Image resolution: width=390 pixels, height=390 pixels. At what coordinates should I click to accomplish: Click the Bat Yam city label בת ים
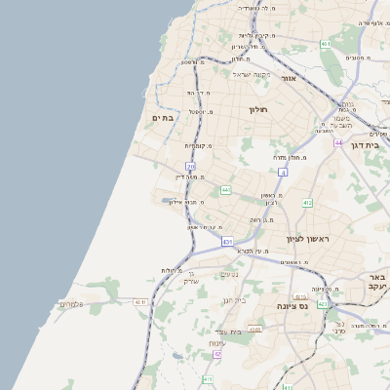pos(163,118)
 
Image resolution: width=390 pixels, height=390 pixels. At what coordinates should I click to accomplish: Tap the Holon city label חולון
pos(258,109)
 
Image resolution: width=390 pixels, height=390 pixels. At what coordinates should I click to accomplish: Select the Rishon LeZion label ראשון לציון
pos(310,239)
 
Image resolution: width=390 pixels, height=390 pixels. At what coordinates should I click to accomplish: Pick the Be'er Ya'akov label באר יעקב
pos(373,283)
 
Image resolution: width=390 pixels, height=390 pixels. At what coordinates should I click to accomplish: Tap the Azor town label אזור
pos(289,77)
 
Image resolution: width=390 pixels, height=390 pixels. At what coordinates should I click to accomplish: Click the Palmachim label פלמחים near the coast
pos(72,305)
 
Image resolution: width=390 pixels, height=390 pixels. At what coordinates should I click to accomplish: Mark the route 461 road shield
pos(325,44)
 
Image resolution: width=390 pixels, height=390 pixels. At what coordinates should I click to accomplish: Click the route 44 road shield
pos(337,142)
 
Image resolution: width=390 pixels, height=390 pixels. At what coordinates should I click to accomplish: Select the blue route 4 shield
pos(284,172)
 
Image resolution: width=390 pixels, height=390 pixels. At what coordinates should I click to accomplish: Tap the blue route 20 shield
pos(191,167)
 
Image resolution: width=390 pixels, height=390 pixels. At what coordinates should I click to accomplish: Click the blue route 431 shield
pos(227,240)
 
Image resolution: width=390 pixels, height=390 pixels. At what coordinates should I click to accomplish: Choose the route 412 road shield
pos(307,202)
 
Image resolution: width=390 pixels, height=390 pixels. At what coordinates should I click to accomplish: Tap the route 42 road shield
pos(216,354)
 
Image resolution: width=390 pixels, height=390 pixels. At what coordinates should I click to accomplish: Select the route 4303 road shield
pos(254,330)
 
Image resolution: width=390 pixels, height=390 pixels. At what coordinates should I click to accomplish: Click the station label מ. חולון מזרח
pos(291,156)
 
